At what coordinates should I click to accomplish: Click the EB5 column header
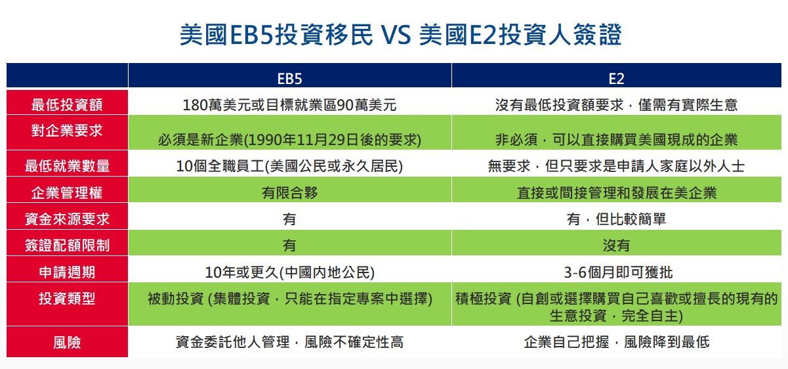pyautogui.click(x=289, y=79)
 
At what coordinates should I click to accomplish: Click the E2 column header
pyautogui.click(x=616, y=79)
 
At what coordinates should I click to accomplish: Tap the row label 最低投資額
pyautogui.click(x=67, y=104)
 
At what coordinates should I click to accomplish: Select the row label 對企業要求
pyautogui.click(x=67, y=131)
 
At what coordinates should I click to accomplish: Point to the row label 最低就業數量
pyautogui.click(x=67, y=166)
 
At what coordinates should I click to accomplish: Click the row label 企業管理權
pyautogui.click(x=67, y=192)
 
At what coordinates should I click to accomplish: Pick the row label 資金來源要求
pyautogui.click(x=67, y=219)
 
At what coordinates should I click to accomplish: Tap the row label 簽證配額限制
pyautogui.click(x=67, y=246)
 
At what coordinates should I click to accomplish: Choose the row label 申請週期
pyautogui.click(x=67, y=272)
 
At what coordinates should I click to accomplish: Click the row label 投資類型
pyautogui.click(x=67, y=299)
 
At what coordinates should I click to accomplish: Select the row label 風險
pyautogui.click(x=67, y=342)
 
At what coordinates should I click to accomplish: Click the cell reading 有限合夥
pyautogui.click(x=289, y=192)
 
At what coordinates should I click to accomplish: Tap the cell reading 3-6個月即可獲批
pyautogui.click(x=618, y=272)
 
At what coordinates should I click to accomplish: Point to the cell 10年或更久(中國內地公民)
pyautogui.click(x=289, y=272)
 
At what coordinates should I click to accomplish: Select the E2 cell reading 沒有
pyautogui.click(x=616, y=246)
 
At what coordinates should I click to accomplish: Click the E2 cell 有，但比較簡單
pyautogui.click(x=616, y=219)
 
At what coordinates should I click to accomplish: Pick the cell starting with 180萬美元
pyautogui.click(x=289, y=105)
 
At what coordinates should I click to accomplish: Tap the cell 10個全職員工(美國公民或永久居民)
pyautogui.click(x=289, y=166)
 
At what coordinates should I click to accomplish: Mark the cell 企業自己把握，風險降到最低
pyautogui.click(x=616, y=342)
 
